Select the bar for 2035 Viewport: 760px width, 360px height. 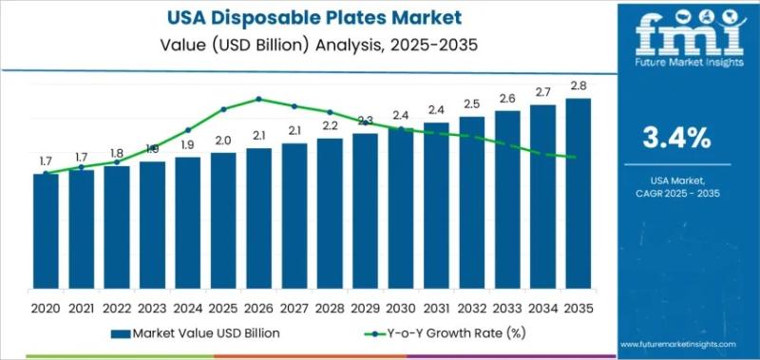[578, 200]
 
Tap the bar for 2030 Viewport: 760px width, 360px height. [401, 215]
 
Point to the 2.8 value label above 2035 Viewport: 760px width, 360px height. [578, 85]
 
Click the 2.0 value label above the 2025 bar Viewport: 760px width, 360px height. [223, 141]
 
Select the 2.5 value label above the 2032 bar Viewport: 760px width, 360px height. [471, 104]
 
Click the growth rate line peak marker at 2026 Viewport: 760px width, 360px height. [258, 98]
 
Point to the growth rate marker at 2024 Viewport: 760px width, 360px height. [187, 130]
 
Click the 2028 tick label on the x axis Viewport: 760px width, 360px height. [330, 310]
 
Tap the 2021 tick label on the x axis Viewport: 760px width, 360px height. [81, 310]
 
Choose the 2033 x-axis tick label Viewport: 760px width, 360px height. [507, 310]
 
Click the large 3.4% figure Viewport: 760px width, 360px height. [677, 138]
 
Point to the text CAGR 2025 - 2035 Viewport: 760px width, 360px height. [677, 193]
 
